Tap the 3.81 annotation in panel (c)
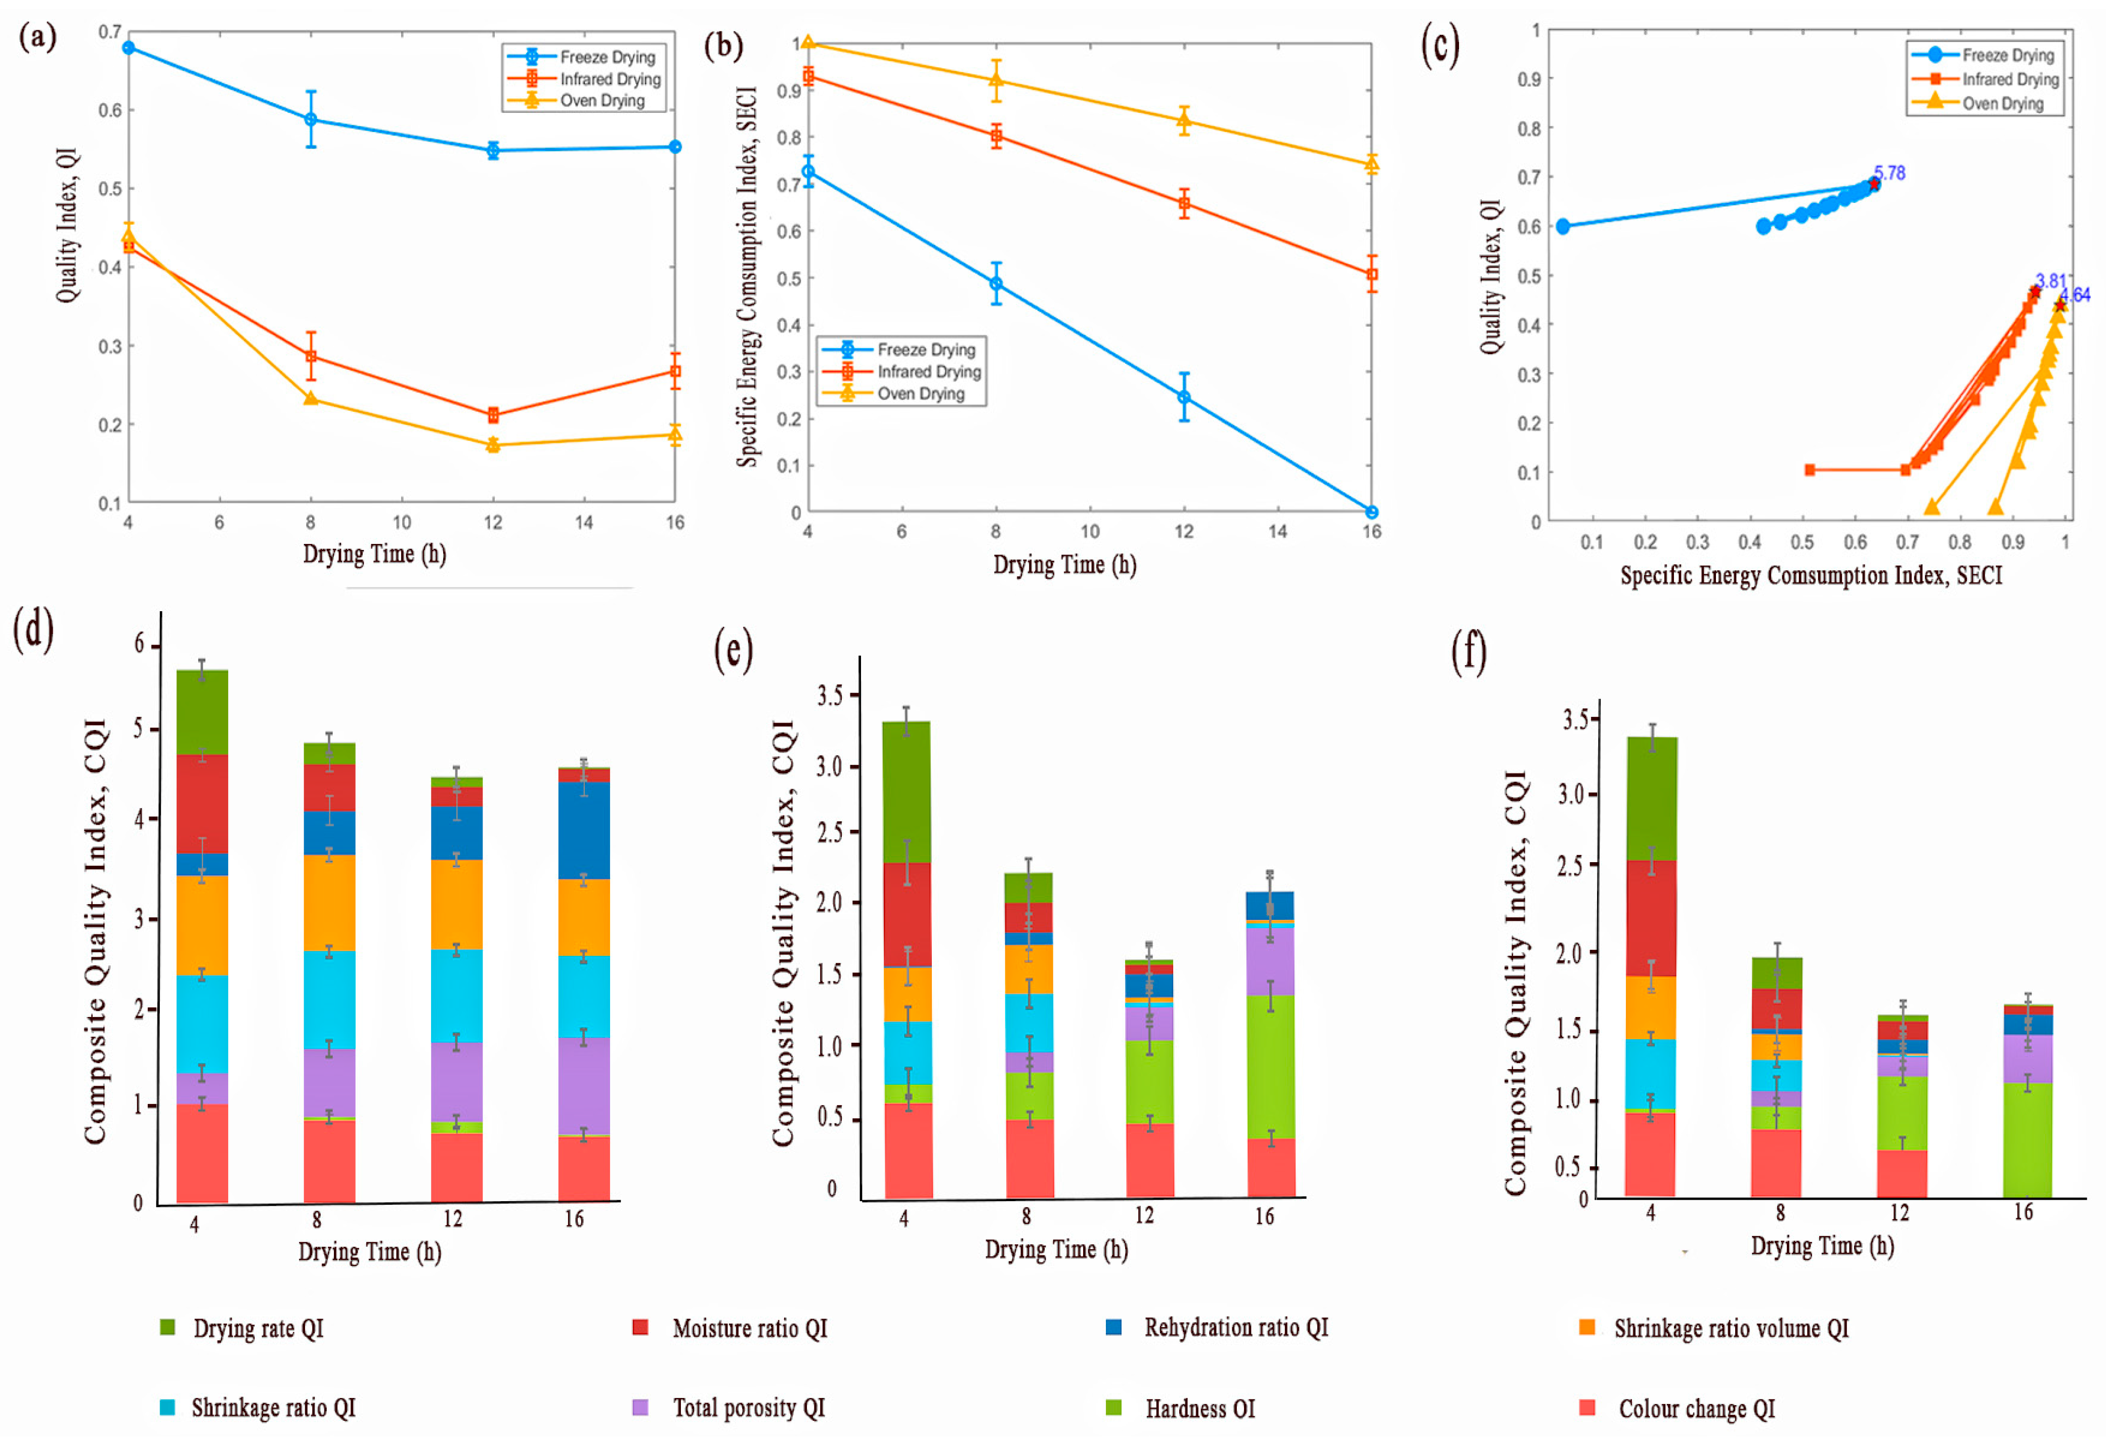tap(2051, 281)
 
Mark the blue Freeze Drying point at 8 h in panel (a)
tap(311, 119)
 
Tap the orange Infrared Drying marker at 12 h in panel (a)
tap(493, 415)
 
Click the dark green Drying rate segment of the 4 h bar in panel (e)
tap(906, 792)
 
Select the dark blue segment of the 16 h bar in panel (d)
tap(584, 830)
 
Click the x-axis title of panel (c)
tap(1812, 575)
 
